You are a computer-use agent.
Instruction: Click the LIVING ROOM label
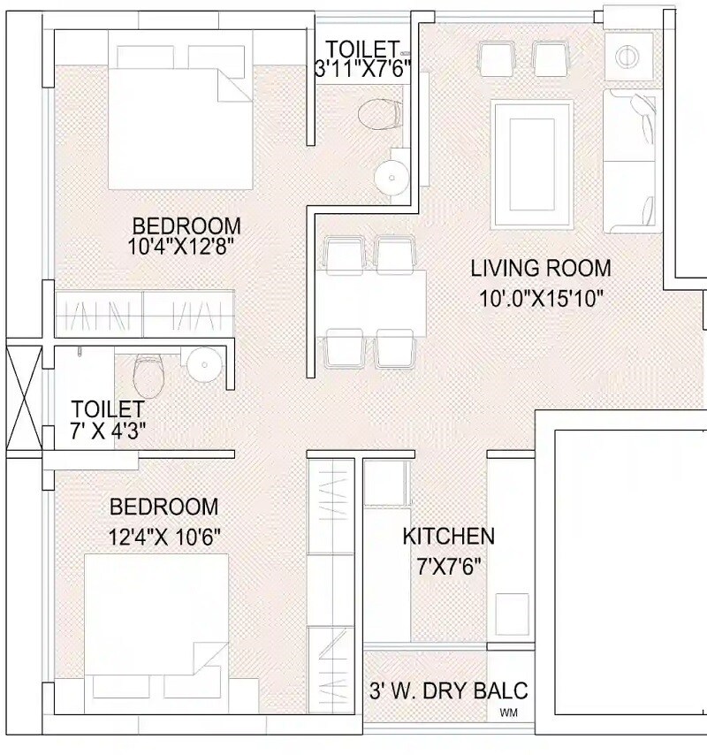(540, 268)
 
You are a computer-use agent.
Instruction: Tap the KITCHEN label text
(448, 536)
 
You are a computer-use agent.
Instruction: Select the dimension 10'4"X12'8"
(180, 248)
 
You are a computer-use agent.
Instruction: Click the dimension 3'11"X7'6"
(362, 70)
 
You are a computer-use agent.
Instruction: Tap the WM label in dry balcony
(509, 713)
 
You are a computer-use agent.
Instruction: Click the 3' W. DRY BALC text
(448, 690)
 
